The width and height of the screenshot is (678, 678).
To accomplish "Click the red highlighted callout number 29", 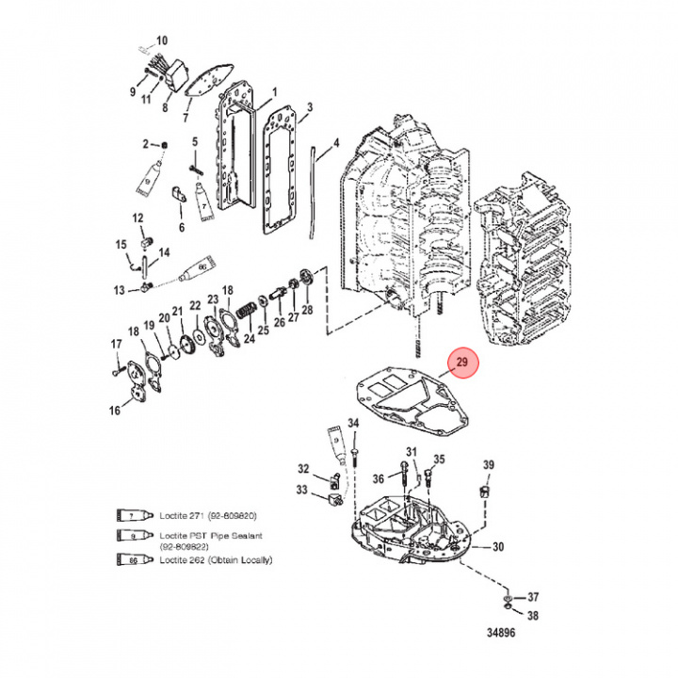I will (x=461, y=363).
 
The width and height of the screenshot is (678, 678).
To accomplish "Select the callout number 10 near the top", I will (x=161, y=40).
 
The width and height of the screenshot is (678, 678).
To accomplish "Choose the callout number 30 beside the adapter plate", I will (x=498, y=546).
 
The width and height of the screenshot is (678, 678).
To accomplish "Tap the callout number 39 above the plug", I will (x=488, y=466).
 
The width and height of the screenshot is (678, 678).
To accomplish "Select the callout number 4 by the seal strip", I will (x=335, y=146).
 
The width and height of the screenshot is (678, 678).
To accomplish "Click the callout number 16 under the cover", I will (x=115, y=410).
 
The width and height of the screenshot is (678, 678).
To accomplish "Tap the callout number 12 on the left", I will (x=137, y=218).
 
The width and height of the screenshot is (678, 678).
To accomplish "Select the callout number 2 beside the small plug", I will (x=147, y=143).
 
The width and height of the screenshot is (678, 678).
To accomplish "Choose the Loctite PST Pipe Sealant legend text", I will (x=199, y=538).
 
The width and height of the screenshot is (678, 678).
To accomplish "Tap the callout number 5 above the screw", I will (x=195, y=142).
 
